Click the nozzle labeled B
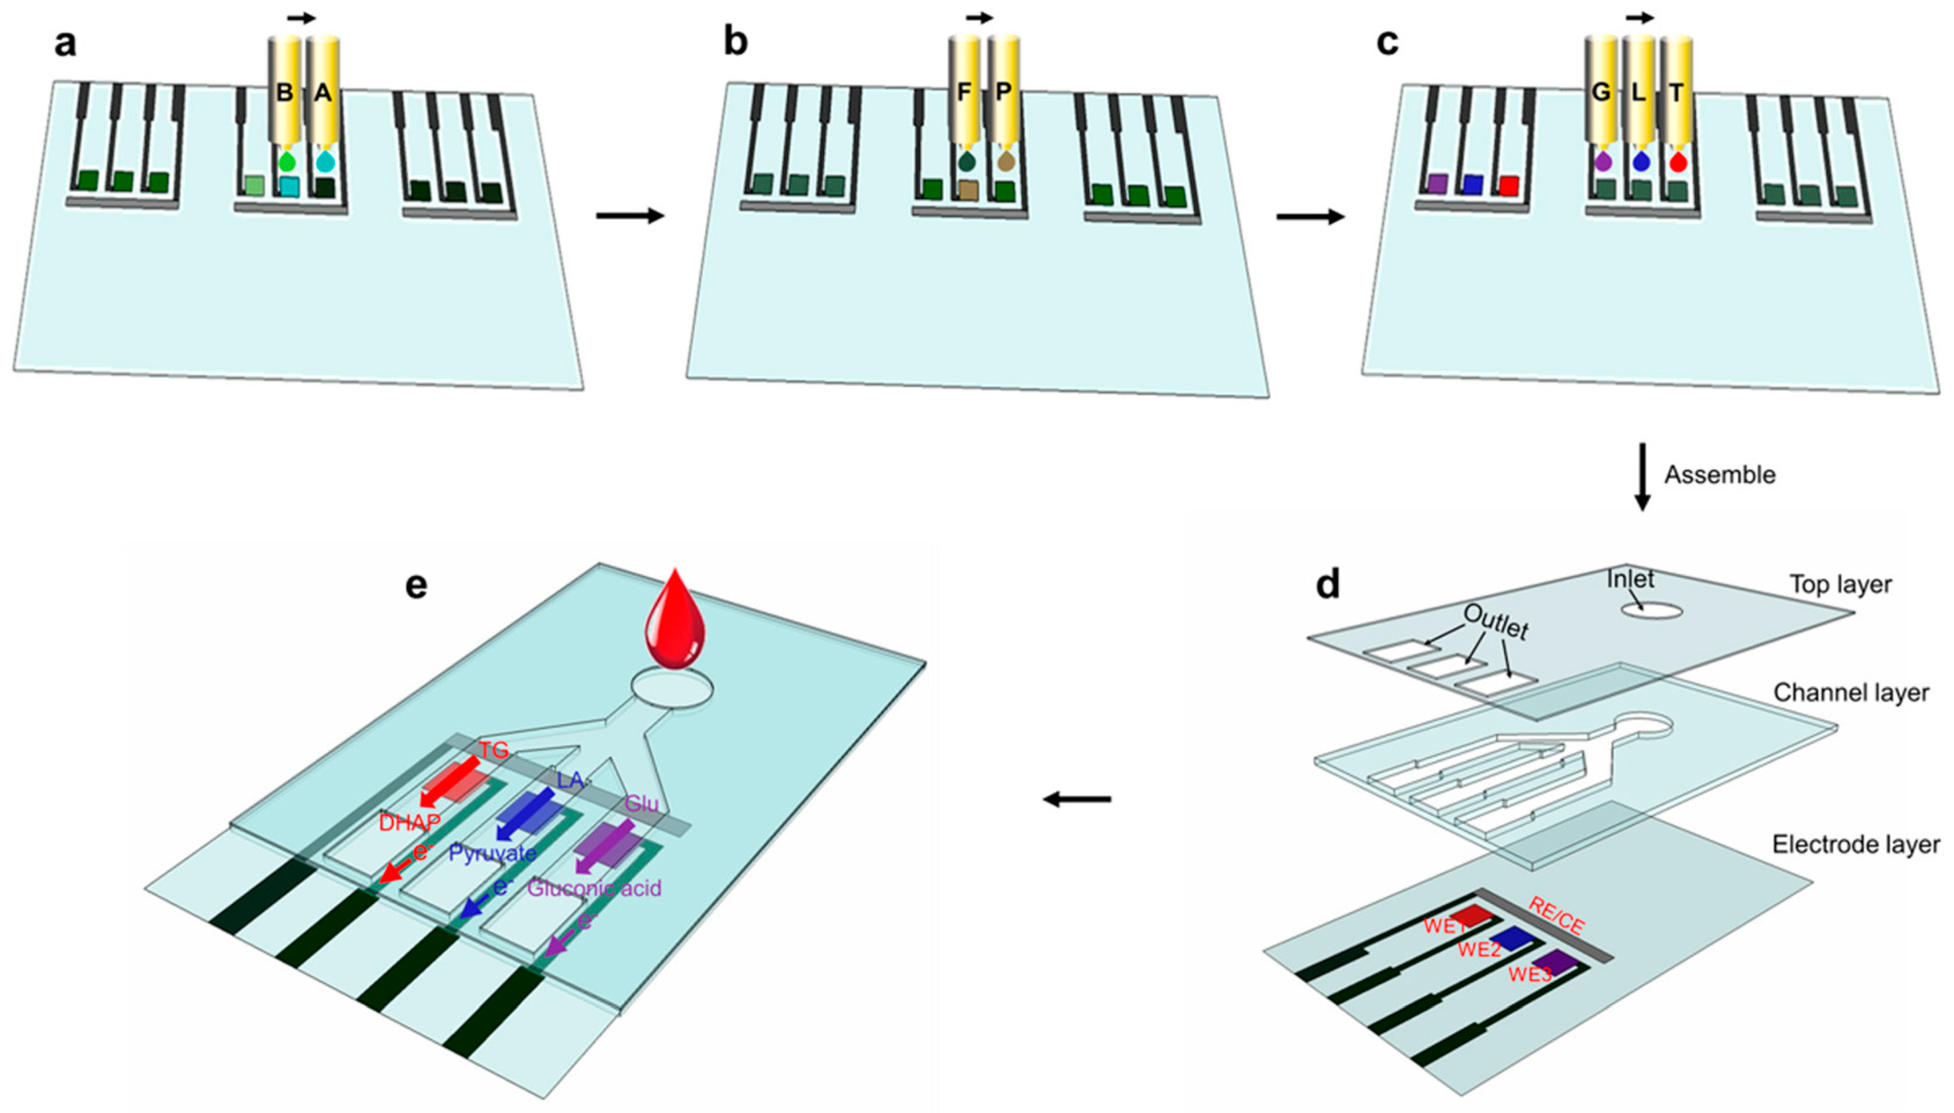click(284, 91)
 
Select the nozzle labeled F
click(964, 91)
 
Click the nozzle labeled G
click(1601, 91)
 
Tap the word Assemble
click(1720, 475)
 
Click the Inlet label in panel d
click(1630, 579)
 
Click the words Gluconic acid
click(594, 888)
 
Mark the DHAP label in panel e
click(410, 823)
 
